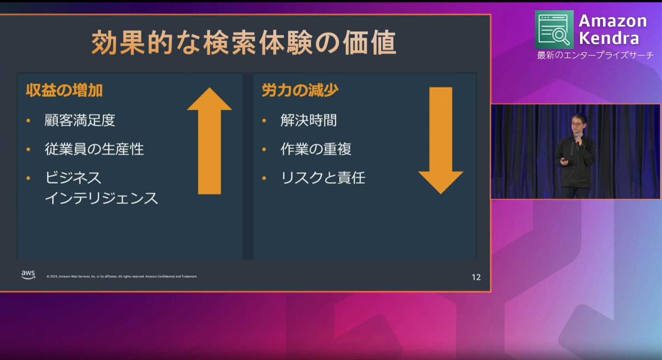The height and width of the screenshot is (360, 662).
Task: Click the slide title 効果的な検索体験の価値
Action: pyautogui.click(x=244, y=43)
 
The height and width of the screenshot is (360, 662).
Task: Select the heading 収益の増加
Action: pyautogui.click(x=64, y=90)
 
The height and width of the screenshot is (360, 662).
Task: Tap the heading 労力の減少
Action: pyautogui.click(x=300, y=90)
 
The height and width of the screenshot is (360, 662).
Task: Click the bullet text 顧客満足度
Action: pyautogui.click(x=80, y=120)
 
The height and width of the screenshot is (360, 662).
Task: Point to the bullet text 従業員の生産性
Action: pyautogui.click(x=94, y=149)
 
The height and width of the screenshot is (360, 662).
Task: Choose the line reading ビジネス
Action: pyautogui.click(x=73, y=178)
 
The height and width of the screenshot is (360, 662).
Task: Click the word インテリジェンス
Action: pyautogui.click(x=101, y=198)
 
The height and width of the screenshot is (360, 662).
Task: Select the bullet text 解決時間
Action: pyautogui.click(x=308, y=120)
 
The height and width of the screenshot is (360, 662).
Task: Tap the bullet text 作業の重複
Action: pyautogui.click(x=315, y=149)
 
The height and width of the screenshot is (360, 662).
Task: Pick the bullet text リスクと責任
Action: pyautogui.click(x=323, y=178)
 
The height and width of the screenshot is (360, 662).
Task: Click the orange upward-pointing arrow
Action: pyautogui.click(x=209, y=141)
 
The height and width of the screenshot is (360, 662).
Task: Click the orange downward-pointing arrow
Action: pyautogui.click(x=441, y=141)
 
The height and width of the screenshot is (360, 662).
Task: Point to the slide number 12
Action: pyautogui.click(x=476, y=277)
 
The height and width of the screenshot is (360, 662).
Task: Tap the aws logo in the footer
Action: pyautogui.click(x=28, y=275)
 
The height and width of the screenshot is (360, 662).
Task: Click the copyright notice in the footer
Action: pyautogui.click(x=122, y=277)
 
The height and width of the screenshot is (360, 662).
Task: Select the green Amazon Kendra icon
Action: pyautogui.click(x=554, y=30)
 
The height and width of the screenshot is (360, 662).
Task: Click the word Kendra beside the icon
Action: pyautogui.click(x=609, y=38)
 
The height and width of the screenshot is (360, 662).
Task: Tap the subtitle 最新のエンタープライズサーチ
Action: pyautogui.click(x=595, y=55)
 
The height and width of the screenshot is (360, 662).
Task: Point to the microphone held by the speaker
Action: pyautogui.click(x=577, y=140)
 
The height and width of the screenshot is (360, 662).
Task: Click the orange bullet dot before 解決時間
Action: pyautogui.click(x=264, y=120)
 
